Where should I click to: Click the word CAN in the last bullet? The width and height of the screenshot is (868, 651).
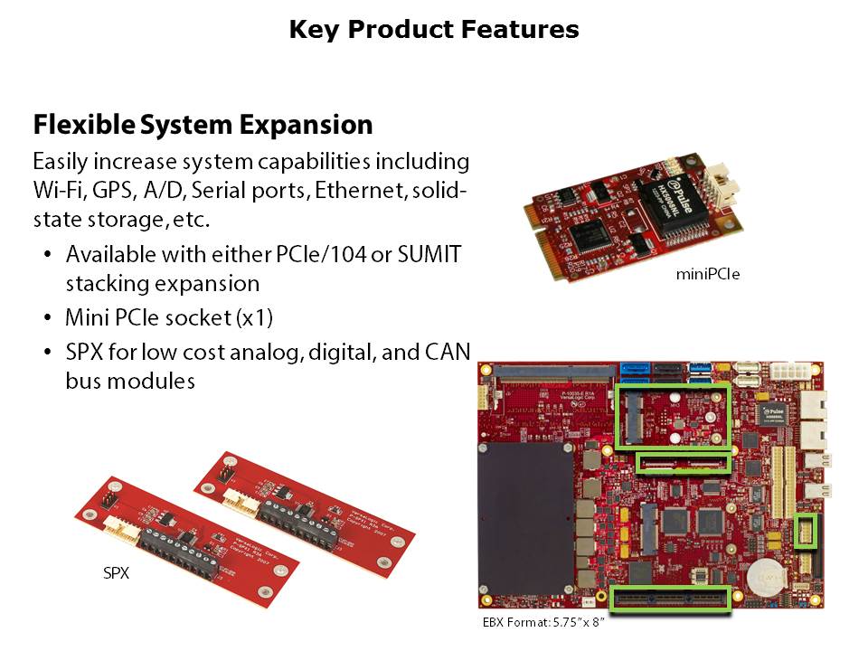(x=447, y=352)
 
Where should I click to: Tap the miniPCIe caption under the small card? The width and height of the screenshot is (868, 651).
(x=708, y=273)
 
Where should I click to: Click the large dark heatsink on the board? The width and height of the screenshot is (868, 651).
(x=524, y=524)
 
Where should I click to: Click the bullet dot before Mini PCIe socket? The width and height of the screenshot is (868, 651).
(x=47, y=319)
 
